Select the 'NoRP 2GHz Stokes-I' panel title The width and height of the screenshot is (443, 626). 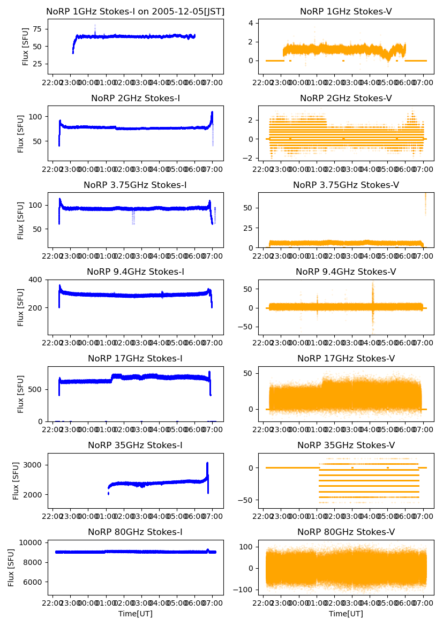136,98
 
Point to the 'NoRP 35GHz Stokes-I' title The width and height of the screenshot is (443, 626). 136,446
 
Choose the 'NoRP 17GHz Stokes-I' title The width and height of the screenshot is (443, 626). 136,359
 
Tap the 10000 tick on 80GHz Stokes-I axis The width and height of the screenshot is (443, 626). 31,542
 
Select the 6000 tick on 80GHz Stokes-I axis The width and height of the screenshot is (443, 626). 33,582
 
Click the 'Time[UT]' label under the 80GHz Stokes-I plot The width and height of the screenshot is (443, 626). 136,614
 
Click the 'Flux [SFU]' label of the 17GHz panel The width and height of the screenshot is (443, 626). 21,394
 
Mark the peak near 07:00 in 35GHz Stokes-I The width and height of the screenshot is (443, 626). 207,464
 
